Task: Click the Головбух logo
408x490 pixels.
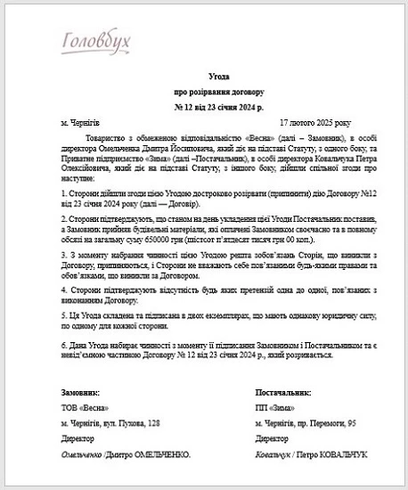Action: pyautogui.click(x=97, y=42)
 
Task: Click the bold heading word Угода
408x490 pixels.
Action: pyautogui.click(x=205, y=78)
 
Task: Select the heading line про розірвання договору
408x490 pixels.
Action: pyautogui.click(x=205, y=92)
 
